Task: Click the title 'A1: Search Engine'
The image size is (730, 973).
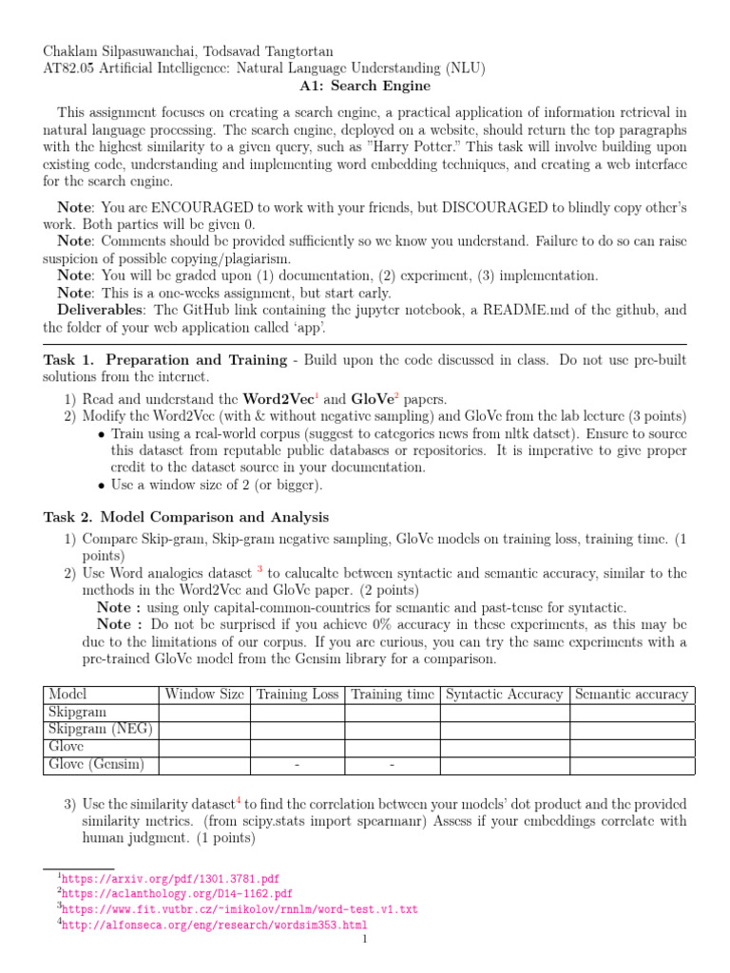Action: [x=364, y=86]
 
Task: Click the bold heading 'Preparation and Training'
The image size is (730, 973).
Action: [x=196, y=360]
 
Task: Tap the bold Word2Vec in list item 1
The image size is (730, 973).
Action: [x=278, y=399]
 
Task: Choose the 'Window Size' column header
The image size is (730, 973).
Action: [x=203, y=695]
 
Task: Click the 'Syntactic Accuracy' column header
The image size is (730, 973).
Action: [x=504, y=695]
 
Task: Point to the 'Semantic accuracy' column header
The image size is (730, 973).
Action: [x=631, y=695]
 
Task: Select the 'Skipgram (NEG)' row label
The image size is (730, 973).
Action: [x=100, y=730]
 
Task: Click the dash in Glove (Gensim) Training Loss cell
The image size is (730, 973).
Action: [x=297, y=765]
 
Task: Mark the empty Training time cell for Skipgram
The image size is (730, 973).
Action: [x=392, y=712]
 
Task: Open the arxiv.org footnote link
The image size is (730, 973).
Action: [x=171, y=879]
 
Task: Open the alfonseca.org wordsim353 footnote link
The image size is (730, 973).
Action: [x=215, y=924]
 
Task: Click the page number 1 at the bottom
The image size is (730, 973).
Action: [x=364, y=940]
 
